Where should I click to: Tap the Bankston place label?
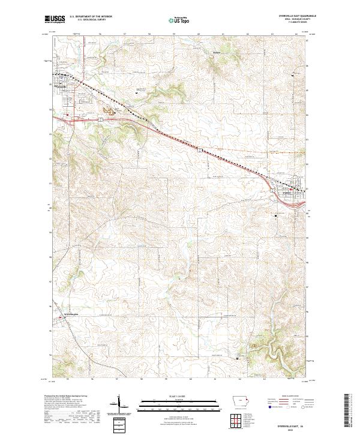(x=217, y=53)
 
